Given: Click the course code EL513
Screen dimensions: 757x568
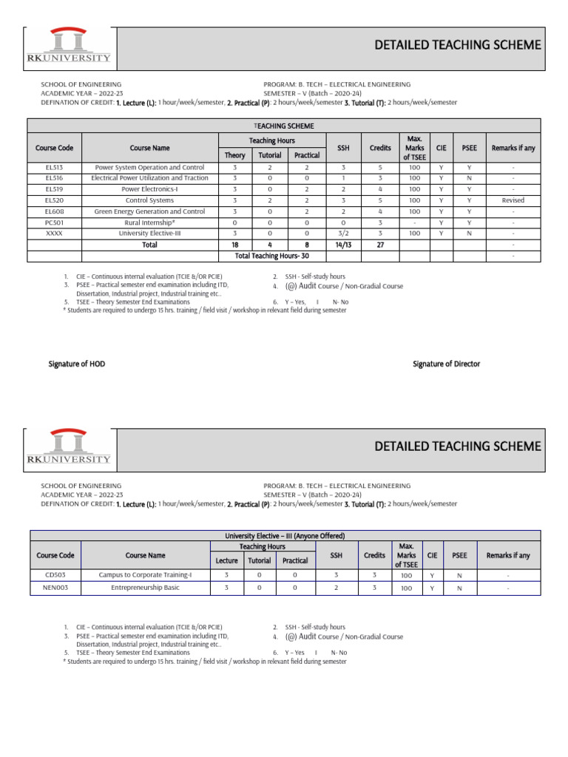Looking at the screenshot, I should coord(53,167).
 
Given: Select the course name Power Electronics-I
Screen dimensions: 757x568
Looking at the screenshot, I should coord(150,189).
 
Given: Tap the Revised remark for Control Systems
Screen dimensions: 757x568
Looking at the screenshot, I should coord(512,200).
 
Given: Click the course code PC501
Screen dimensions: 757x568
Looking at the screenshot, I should coord(53,222).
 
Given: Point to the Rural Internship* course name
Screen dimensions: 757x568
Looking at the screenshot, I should coord(150,222).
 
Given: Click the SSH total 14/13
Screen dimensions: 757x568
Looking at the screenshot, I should coord(342,244).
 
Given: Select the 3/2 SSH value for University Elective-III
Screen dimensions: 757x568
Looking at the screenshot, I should coord(342,233).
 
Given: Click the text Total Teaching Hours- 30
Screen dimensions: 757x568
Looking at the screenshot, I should coord(271,255).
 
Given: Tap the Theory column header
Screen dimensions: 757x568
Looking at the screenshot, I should coord(234,155).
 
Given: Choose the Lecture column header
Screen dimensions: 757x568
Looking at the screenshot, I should coord(226,560).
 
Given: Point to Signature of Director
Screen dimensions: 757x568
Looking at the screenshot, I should coord(446,364).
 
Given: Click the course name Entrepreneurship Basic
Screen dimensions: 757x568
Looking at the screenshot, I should coord(146,588).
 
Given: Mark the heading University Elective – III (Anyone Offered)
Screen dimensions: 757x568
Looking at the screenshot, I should coord(285,535).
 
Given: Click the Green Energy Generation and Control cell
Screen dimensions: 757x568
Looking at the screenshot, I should coord(150,211).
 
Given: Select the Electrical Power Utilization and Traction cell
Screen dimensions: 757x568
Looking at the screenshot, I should coord(150,177).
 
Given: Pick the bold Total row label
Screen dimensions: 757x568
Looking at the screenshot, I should coord(150,244).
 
